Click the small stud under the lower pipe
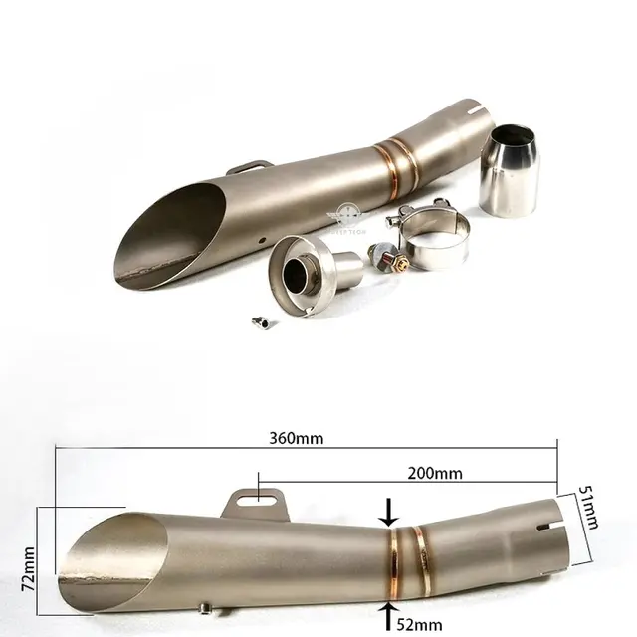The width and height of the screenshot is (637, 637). (203, 606)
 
